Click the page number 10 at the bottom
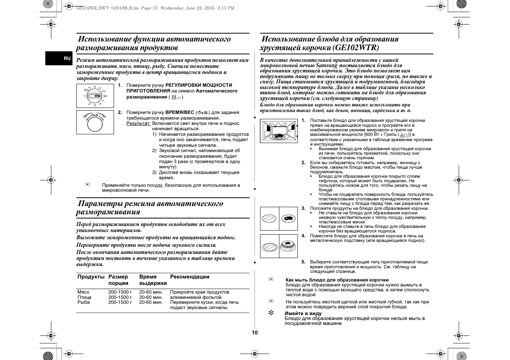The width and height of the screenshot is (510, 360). coord(255,332)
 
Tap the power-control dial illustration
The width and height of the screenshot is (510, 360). coord(95,96)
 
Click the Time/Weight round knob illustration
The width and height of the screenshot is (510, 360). coord(95,122)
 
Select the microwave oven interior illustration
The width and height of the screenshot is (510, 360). coord(279,131)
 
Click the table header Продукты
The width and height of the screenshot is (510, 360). coord(91,277)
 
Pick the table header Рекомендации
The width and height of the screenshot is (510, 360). coord(190,277)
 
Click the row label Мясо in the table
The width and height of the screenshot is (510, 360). coord(83,292)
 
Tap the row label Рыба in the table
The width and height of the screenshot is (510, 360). coord(83,302)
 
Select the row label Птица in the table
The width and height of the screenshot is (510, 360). coord(84,297)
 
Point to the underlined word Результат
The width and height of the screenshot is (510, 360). coord(138,123)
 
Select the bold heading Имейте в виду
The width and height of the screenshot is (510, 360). coord(303,313)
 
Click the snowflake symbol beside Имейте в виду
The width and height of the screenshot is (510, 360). coord(271,313)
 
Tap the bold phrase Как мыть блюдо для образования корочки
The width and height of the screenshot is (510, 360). coord(337,280)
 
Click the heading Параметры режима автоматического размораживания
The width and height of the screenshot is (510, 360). coord(149,208)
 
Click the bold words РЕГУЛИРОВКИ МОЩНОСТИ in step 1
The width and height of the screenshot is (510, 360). coord(199,85)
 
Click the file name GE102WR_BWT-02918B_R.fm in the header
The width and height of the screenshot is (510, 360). coord(108,8)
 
